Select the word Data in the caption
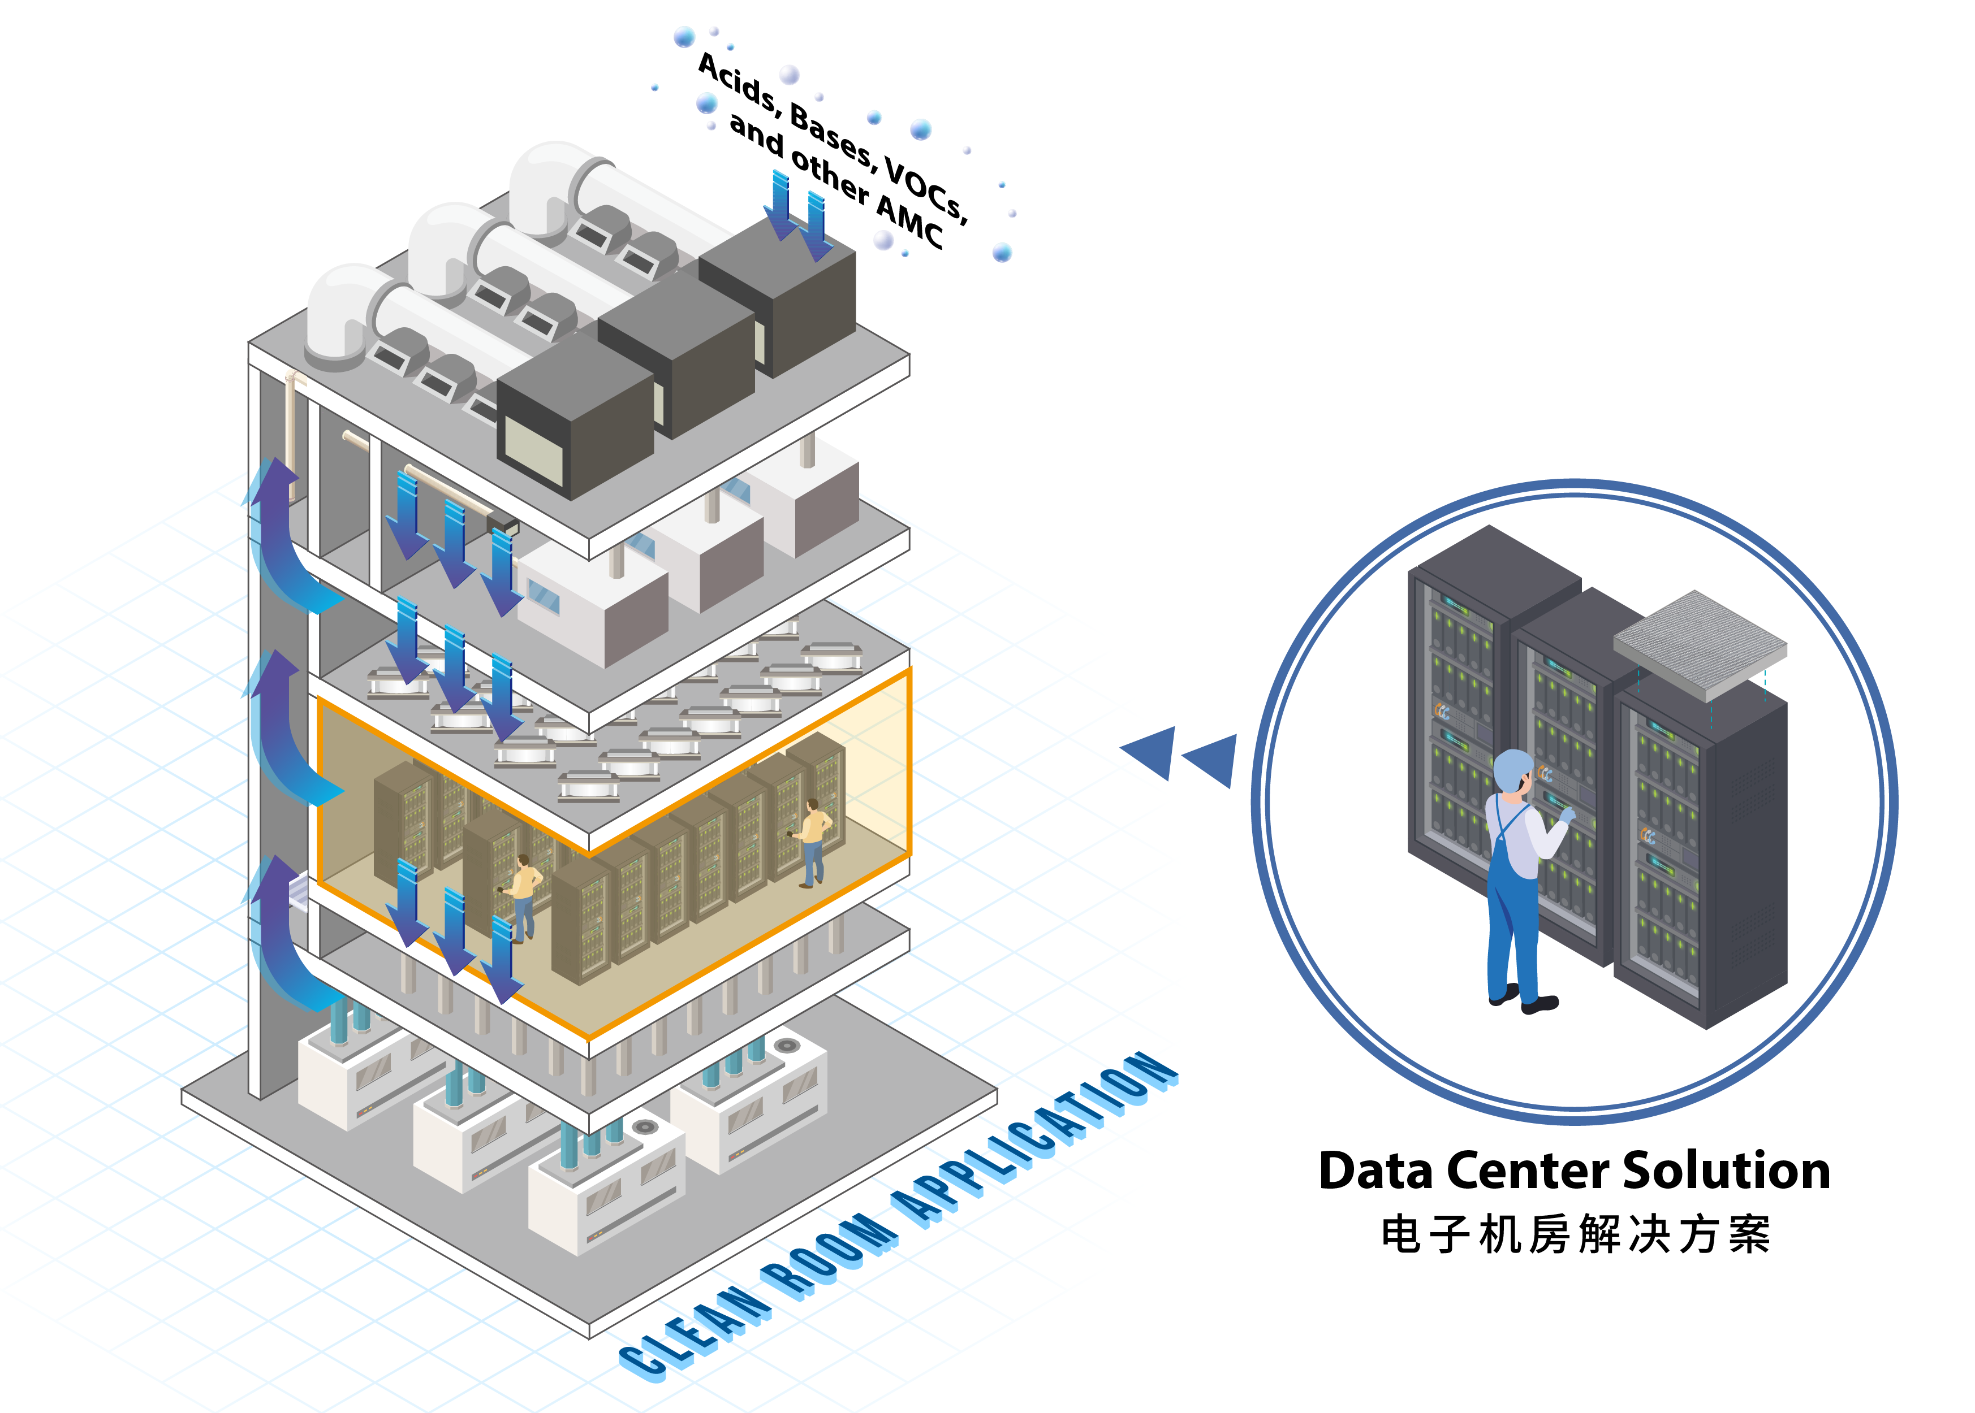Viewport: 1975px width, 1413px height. click(x=1375, y=1171)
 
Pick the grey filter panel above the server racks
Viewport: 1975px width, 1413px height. click(x=1699, y=643)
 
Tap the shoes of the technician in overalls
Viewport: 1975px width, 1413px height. click(x=1523, y=1000)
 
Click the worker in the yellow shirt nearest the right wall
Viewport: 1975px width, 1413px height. click(x=814, y=840)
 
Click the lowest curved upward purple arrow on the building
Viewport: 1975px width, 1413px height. click(x=283, y=931)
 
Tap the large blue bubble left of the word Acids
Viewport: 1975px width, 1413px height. click(x=684, y=37)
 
